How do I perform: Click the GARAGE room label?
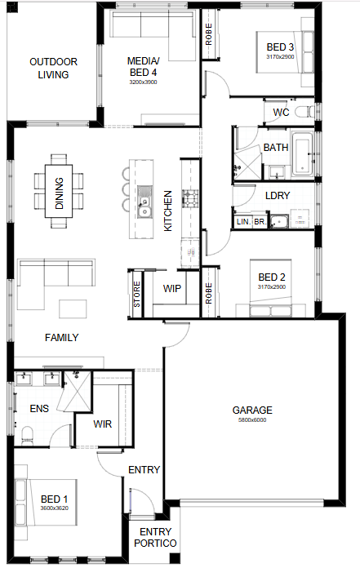(x=252, y=410)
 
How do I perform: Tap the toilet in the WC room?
(x=304, y=112)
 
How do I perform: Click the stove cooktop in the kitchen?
(x=190, y=198)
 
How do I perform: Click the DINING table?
(x=59, y=191)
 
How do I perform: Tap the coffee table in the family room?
(x=73, y=308)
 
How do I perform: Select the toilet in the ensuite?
(x=28, y=434)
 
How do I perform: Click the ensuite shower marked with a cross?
(x=77, y=391)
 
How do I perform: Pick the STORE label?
(x=136, y=294)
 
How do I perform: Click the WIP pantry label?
(x=171, y=289)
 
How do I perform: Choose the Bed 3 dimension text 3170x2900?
(x=280, y=57)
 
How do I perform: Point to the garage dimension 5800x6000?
(x=252, y=420)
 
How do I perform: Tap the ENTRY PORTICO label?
(x=155, y=537)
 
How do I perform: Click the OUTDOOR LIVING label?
(x=53, y=68)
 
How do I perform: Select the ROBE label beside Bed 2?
(x=209, y=294)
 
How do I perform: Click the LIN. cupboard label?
(x=244, y=222)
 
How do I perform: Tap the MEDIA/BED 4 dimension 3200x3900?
(x=143, y=82)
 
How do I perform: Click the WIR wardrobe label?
(x=103, y=424)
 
